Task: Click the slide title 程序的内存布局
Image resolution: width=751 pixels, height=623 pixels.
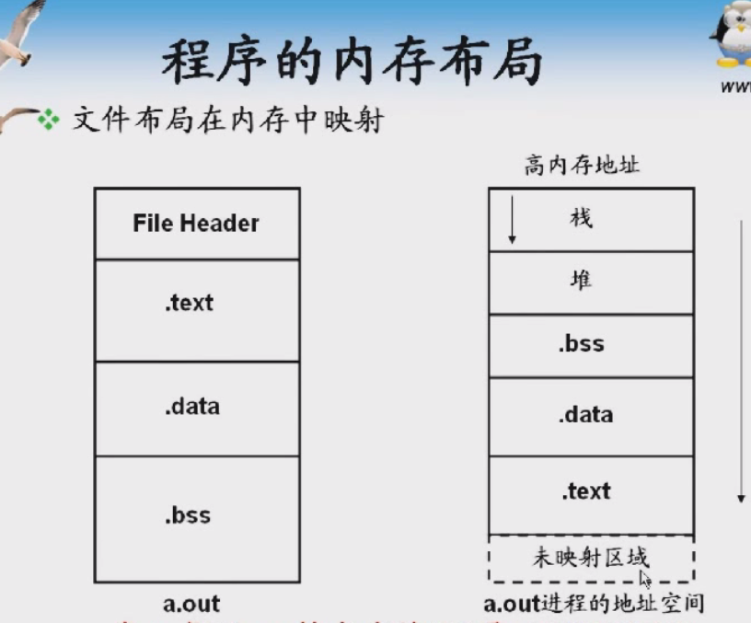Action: [352, 63]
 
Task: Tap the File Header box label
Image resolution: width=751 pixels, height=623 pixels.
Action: [196, 223]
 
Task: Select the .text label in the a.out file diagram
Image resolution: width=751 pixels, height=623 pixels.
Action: [190, 302]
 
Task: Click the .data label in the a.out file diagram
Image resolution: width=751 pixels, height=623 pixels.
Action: [192, 406]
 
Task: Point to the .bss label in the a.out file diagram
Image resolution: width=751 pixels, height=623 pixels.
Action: [189, 514]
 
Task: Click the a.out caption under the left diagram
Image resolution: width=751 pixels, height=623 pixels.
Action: [191, 604]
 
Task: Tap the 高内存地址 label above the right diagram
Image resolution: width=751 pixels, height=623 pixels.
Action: [582, 166]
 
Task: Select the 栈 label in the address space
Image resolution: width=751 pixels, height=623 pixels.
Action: [581, 218]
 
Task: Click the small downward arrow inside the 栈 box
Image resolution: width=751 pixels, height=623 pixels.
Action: [513, 225]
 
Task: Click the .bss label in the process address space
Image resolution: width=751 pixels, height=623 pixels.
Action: [581, 344]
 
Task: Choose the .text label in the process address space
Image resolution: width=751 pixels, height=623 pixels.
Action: [585, 490]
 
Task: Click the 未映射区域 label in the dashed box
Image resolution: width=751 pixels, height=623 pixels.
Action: [590, 557]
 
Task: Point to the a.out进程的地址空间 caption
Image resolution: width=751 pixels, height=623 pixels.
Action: [594, 604]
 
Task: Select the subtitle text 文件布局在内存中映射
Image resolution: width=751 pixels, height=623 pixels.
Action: [226, 120]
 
